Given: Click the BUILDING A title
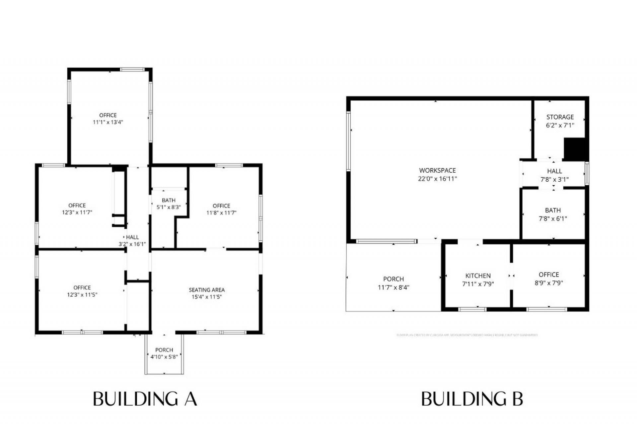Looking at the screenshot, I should [x=145, y=399].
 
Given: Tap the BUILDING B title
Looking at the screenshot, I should [x=472, y=399].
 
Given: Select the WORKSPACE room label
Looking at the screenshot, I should [x=437, y=170].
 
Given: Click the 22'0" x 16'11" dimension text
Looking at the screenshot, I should [x=437, y=179].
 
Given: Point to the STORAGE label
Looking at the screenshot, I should [x=560, y=117].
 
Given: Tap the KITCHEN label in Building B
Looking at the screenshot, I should [x=478, y=276].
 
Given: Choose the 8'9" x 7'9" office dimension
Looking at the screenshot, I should [x=549, y=283].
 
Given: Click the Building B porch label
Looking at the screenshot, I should [x=393, y=279].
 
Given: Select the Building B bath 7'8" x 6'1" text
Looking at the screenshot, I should [x=553, y=219].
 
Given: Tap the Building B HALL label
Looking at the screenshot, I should [x=554, y=171].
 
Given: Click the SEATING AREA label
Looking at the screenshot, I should [x=207, y=290].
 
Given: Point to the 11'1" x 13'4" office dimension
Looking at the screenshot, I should [x=108, y=122].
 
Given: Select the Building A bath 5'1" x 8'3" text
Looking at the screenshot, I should [x=169, y=207].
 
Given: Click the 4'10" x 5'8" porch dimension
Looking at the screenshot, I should [x=164, y=357].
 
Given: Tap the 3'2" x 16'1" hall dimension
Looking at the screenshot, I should [x=132, y=244].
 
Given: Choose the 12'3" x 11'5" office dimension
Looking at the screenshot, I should [x=82, y=295].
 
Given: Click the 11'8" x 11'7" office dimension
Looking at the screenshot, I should [x=221, y=213].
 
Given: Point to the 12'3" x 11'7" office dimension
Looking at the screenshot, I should [x=77, y=212].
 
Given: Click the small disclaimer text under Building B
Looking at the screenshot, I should [x=467, y=335].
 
